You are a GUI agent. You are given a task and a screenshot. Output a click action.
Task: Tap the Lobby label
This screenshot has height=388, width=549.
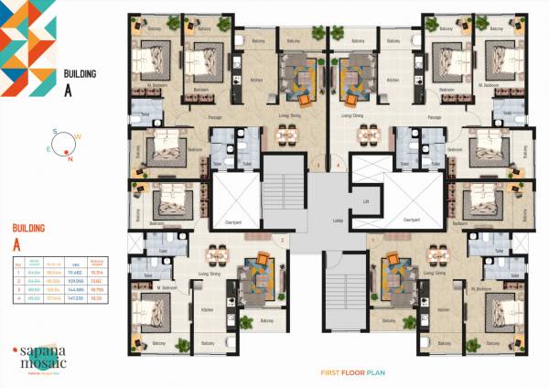312,221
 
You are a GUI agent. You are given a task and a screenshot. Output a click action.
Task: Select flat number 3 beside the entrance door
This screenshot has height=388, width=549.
318,166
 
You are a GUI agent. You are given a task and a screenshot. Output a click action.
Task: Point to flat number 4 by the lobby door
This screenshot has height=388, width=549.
338,166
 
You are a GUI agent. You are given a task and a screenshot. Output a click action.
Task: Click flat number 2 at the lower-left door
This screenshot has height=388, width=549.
283,241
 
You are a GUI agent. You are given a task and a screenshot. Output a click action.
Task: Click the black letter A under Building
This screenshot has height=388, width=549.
67,90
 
